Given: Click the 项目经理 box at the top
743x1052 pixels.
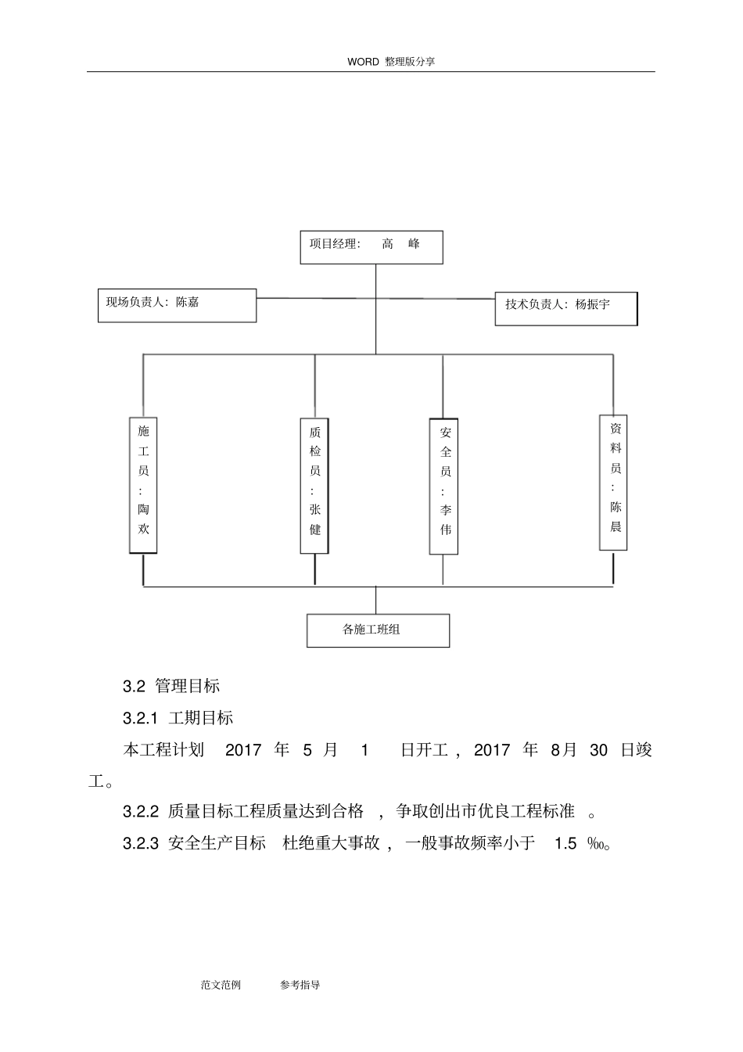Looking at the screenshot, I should [x=371, y=247].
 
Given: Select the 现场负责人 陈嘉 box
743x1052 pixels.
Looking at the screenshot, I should [x=178, y=305].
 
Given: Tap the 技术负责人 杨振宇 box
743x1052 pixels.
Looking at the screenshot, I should [x=566, y=308].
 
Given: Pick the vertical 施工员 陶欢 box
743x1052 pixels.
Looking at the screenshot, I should [x=143, y=485].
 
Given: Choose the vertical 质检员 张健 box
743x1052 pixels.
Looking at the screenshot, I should [x=314, y=486].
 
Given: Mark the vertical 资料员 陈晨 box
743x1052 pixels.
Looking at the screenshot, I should [x=614, y=483].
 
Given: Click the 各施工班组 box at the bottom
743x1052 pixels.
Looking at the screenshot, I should [x=378, y=630].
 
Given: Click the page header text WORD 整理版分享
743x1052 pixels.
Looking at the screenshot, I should [x=391, y=62].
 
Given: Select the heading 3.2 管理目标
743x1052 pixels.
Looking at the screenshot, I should [x=171, y=686].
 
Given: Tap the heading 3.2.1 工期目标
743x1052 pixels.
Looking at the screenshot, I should [x=178, y=718].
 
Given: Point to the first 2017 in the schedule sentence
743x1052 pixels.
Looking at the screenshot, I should [x=243, y=750].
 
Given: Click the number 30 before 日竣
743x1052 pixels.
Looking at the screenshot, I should [x=598, y=750].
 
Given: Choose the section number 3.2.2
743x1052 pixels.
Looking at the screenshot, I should [x=141, y=812].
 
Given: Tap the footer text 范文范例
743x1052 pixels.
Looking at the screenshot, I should [x=221, y=985].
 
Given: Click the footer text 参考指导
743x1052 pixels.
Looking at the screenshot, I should [x=300, y=985].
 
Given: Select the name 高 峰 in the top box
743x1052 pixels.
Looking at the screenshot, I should [x=400, y=244].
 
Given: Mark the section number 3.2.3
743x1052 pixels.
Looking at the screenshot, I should [x=141, y=843].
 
